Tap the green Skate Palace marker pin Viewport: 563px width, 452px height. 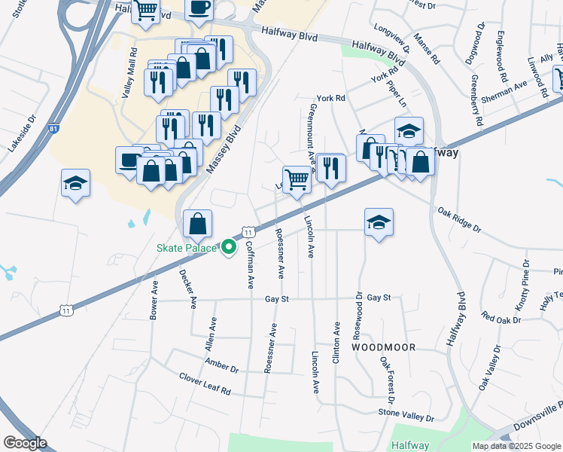click(x=229, y=247)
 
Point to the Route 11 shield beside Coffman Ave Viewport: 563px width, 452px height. click(x=246, y=230)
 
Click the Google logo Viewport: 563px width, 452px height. click(x=25, y=443)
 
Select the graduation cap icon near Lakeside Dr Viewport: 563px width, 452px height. click(x=75, y=183)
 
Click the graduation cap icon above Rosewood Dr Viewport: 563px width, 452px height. click(x=379, y=222)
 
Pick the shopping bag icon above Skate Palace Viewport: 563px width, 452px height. click(x=197, y=223)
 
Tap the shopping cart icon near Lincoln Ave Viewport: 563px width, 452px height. click(x=297, y=179)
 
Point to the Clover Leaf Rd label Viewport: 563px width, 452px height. click(x=205, y=385)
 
